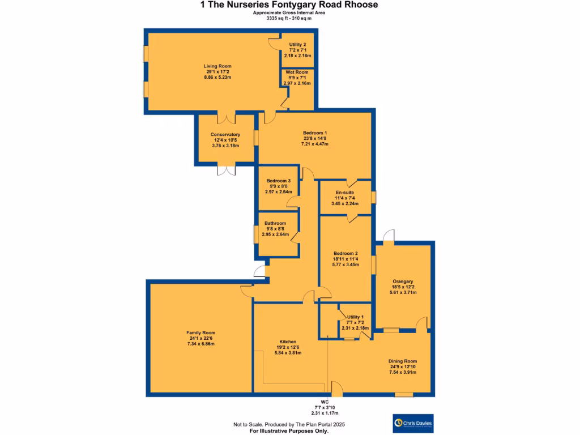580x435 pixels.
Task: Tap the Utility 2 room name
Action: [x=297, y=45]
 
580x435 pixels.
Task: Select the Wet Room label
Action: [x=297, y=72]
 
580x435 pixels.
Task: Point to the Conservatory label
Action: [x=225, y=135]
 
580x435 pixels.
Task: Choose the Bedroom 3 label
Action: [x=278, y=181]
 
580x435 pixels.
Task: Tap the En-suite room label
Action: [x=345, y=193]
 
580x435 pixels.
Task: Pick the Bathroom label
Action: [x=274, y=224]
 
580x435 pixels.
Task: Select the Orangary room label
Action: [x=403, y=282]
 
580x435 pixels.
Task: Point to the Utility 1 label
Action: [x=355, y=317]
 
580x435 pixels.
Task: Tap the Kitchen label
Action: [x=288, y=342]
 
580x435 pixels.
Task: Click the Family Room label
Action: [x=201, y=333]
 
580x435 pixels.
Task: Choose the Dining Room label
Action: [x=403, y=361]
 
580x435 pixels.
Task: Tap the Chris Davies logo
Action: [x=416, y=423]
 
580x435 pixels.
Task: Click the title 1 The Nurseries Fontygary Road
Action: [x=289, y=5]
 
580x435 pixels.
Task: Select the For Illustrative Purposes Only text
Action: [x=289, y=431]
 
